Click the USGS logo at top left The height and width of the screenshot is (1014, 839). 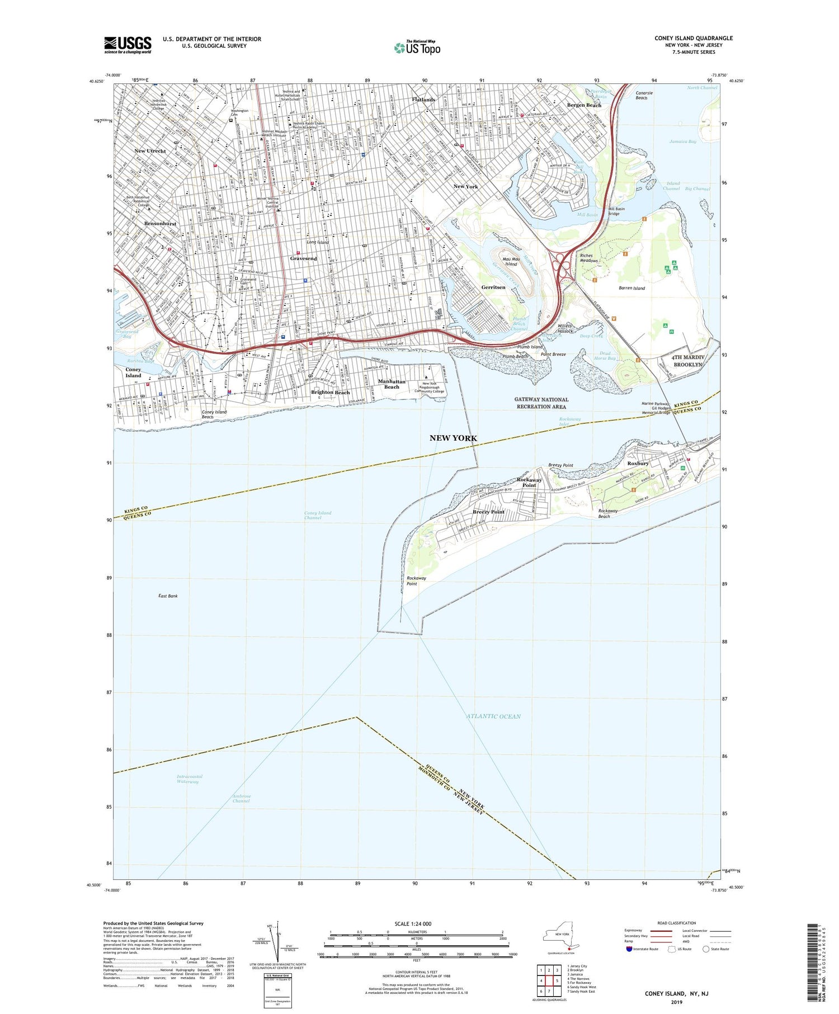tap(128, 45)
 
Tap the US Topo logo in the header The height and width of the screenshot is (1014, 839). tap(417, 48)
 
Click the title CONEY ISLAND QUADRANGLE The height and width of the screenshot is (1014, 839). tap(693, 38)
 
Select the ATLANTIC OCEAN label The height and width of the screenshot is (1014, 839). tap(493, 716)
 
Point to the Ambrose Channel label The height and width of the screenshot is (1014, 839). tap(242, 798)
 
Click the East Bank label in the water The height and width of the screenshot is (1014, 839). tap(168, 596)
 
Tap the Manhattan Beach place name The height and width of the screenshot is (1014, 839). tap(392, 384)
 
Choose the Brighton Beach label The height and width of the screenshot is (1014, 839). tap(330, 392)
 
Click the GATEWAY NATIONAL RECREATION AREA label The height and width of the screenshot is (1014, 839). tap(541, 403)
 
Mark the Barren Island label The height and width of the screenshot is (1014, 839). tap(631, 288)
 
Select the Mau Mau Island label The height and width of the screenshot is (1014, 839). tap(511, 261)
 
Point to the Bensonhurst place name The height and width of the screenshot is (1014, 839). tap(160, 224)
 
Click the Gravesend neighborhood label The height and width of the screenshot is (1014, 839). tap(303, 258)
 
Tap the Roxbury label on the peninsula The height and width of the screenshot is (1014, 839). tap(638, 463)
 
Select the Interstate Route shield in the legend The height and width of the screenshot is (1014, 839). tap(629, 949)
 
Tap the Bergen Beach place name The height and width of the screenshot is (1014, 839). tap(584, 105)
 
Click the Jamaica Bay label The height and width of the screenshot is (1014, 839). tap(682, 142)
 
